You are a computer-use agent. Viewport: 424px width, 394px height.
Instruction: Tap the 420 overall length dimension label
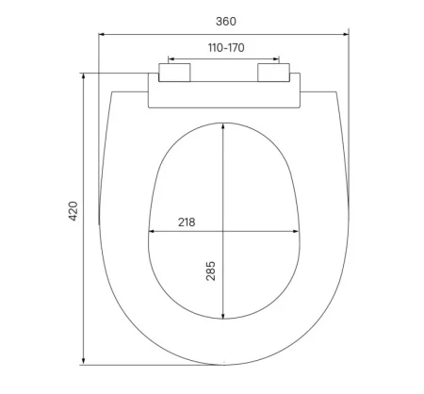point(73,213)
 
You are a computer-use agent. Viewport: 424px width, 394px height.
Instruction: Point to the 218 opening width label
point(187,222)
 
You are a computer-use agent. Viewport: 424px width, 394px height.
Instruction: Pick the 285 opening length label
point(211,273)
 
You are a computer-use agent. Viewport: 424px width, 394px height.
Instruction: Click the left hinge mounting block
point(176,73)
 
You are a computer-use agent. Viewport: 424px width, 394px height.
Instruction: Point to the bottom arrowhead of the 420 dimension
point(86,362)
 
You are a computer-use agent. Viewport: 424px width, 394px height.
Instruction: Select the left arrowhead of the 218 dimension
point(153,231)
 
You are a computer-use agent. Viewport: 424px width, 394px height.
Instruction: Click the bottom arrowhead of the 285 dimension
point(222,317)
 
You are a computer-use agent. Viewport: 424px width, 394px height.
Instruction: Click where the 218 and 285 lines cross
point(222,231)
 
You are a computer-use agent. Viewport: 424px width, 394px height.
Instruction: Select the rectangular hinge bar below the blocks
point(223,94)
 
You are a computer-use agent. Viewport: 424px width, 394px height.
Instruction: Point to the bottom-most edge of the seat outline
point(223,364)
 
